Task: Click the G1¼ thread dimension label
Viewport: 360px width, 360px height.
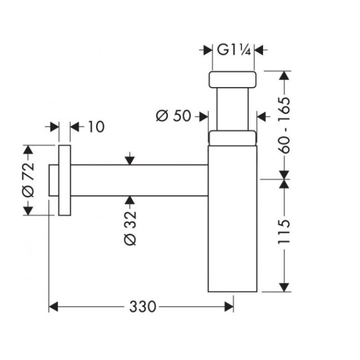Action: (x=233, y=50)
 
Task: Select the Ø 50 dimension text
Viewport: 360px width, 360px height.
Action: (x=173, y=116)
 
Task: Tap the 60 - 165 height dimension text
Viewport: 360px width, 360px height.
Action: (x=283, y=125)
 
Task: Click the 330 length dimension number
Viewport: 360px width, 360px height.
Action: (x=142, y=306)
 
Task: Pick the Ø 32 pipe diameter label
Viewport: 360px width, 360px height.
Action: (x=129, y=227)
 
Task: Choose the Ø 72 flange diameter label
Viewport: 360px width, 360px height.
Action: (x=28, y=180)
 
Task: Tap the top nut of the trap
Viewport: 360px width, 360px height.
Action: (x=233, y=79)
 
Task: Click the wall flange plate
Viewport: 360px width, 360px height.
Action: (x=64, y=180)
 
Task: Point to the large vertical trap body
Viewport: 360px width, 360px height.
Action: (x=232, y=220)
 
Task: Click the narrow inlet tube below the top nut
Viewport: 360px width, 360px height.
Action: (x=233, y=109)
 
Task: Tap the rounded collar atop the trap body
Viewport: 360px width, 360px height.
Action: (x=233, y=138)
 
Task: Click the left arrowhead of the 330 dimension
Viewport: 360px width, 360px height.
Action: (x=52, y=306)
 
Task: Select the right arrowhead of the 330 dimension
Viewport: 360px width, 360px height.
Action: (x=229, y=306)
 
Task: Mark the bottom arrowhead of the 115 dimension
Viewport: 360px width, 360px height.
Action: (x=284, y=287)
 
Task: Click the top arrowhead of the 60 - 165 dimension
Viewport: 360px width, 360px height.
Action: (x=284, y=75)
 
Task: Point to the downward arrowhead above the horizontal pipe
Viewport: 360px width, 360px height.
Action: (x=129, y=160)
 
